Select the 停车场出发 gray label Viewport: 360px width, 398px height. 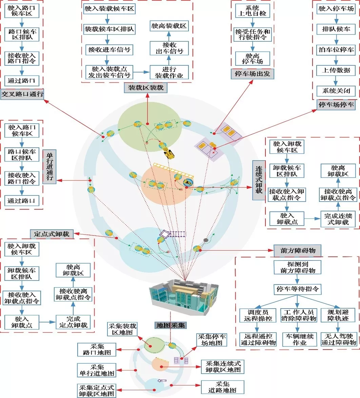pyautogui.click(x=253, y=74)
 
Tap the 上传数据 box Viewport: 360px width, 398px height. pyautogui.click(x=336, y=70)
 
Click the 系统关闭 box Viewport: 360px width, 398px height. pyautogui.click(x=336, y=91)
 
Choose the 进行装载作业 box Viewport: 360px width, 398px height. pyautogui.click(x=168, y=72)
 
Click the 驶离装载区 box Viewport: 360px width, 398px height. pyautogui.click(x=168, y=26)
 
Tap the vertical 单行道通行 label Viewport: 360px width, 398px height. pyautogui.click(x=50, y=166)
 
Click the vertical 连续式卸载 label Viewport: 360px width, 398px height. pyautogui.click(x=259, y=180)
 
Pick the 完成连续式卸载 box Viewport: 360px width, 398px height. pyautogui.click(x=338, y=219)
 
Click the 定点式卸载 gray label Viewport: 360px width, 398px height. pyautogui.click(x=52, y=234)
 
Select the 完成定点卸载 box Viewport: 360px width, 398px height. pyautogui.click(x=73, y=322)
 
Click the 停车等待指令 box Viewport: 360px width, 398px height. pyautogui.click(x=297, y=290)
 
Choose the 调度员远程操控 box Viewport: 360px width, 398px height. pyautogui.click(x=258, y=315)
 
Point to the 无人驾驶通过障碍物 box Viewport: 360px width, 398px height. pyautogui.click(x=338, y=339)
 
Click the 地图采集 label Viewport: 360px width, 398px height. pyautogui.click(x=171, y=326)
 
